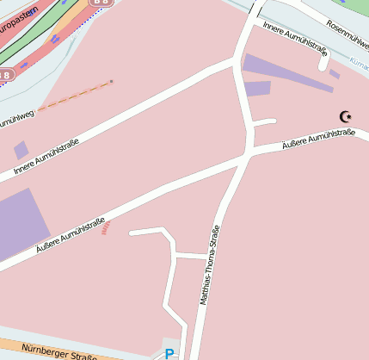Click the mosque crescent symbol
[346, 116]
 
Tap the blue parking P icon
[169, 353]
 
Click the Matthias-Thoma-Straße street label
[209, 265]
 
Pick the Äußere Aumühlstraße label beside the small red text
[70, 234]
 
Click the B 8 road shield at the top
[101, 3]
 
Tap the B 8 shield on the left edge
[5, 75]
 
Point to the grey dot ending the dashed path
[111, 83]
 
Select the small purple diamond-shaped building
[21, 150]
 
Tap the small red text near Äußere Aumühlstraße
[106, 227]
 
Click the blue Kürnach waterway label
[359, 62]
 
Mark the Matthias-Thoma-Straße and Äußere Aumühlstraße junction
[247, 156]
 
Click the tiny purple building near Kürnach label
[335, 74]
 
